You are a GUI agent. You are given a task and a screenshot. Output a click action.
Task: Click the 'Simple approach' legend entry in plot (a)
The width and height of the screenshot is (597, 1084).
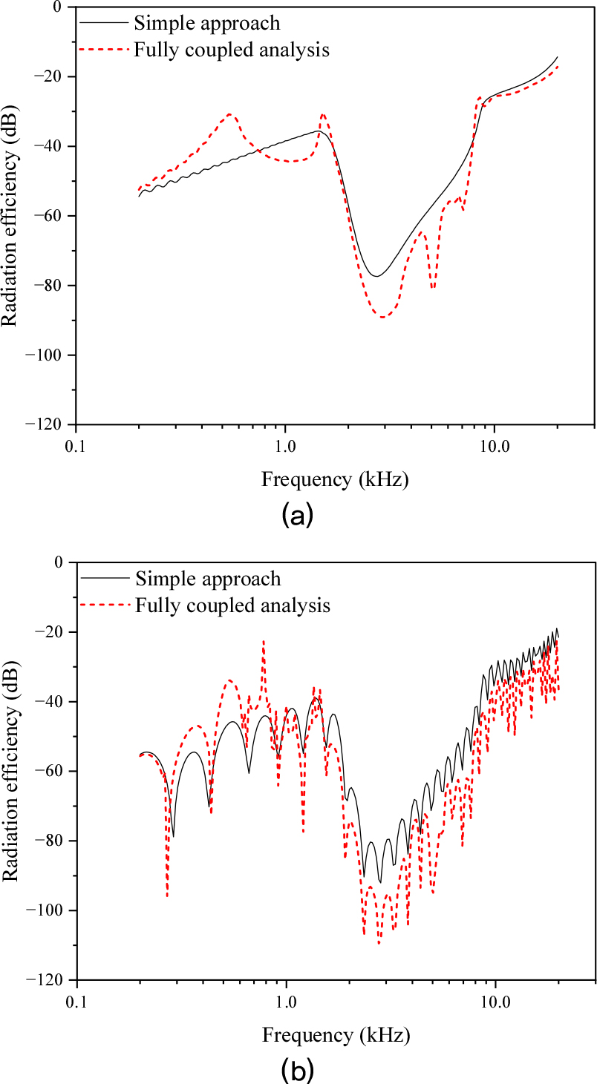pyautogui.click(x=207, y=23)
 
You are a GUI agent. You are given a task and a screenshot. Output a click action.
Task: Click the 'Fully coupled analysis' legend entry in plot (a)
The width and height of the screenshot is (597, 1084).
pyautogui.click(x=232, y=50)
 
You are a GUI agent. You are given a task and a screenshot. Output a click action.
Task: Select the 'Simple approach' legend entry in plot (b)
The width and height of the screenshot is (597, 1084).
pyautogui.click(x=207, y=578)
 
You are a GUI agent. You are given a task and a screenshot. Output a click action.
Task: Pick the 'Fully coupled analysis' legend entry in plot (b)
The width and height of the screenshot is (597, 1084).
pyautogui.click(x=232, y=605)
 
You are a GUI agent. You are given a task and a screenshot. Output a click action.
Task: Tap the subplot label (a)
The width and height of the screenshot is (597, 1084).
pyautogui.click(x=298, y=515)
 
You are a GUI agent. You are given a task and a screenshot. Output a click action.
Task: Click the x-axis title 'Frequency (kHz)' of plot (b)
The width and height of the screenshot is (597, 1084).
pyautogui.click(x=335, y=1034)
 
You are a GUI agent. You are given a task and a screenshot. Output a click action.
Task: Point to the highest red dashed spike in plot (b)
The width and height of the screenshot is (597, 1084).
pyautogui.click(x=263, y=641)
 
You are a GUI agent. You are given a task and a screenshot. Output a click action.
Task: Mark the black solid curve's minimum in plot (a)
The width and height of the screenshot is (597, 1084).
pyautogui.click(x=377, y=277)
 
